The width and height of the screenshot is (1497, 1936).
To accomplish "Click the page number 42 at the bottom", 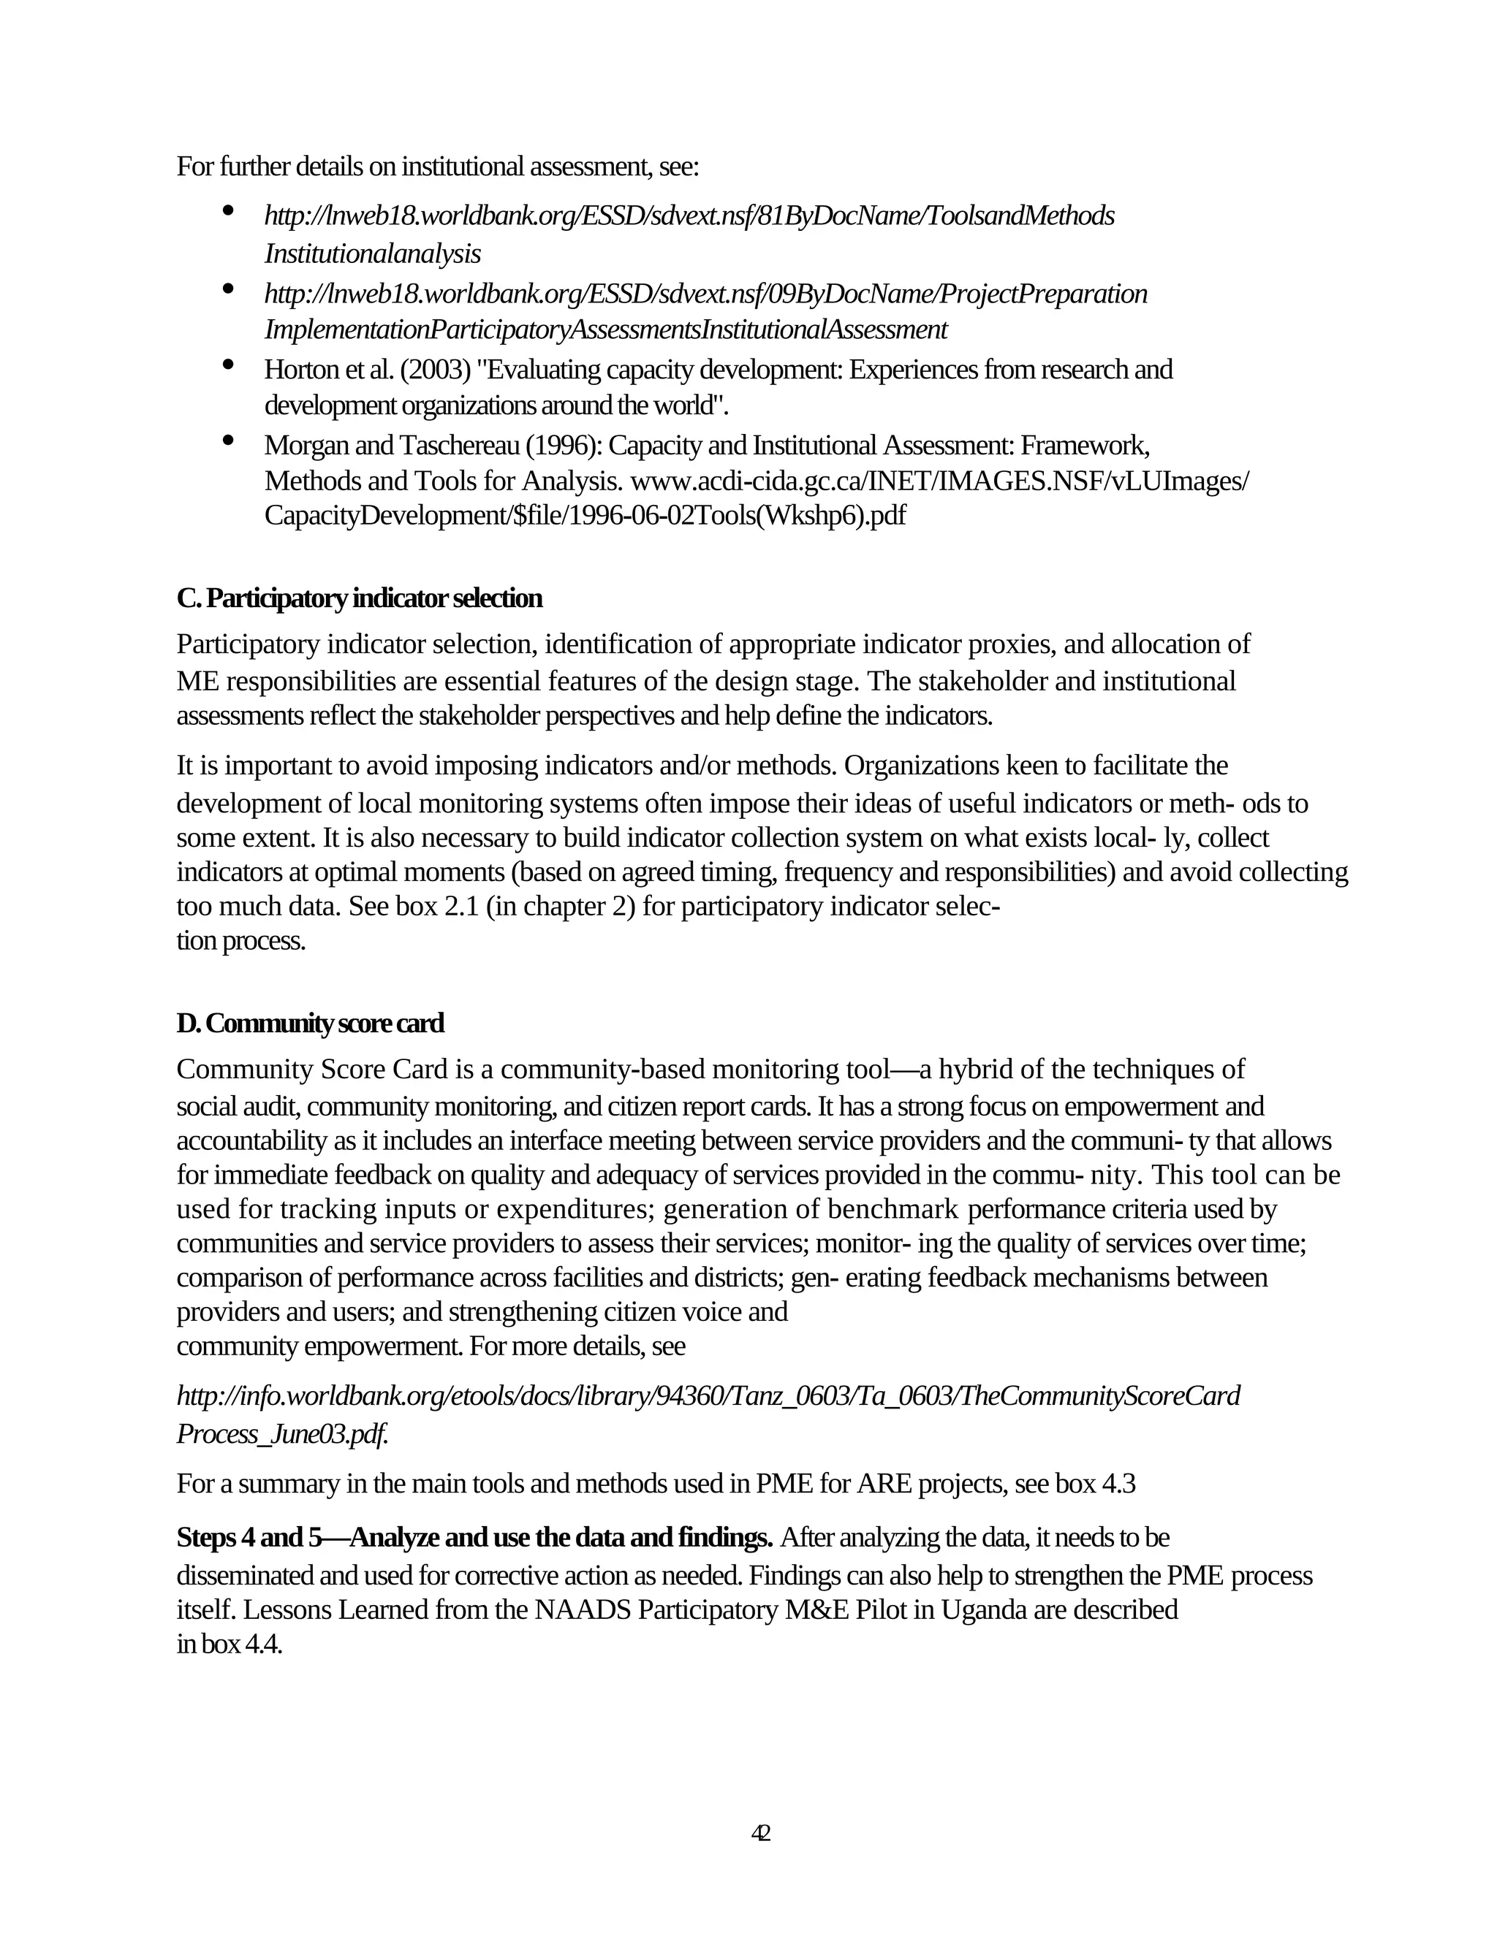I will (x=761, y=1832).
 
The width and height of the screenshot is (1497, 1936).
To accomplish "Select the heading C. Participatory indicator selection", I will (x=359, y=598).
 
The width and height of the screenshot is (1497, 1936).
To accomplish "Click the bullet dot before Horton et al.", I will (x=228, y=363).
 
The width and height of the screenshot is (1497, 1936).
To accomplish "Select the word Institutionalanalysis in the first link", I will (x=373, y=254).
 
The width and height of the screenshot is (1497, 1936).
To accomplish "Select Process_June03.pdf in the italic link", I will (x=282, y=1433).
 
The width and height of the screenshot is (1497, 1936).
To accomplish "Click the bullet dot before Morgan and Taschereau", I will (x=228, y=439).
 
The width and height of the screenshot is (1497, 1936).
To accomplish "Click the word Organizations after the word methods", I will (x=940, y=765).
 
